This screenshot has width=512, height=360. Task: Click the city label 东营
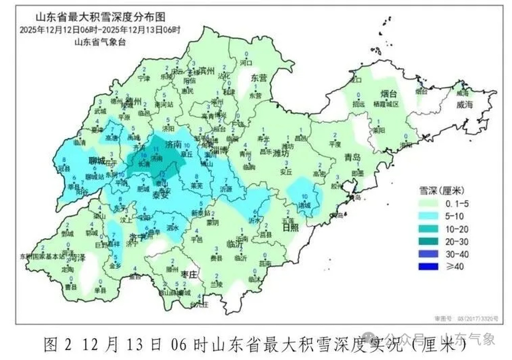[259, 78]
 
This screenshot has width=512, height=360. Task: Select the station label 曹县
[71, 287]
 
